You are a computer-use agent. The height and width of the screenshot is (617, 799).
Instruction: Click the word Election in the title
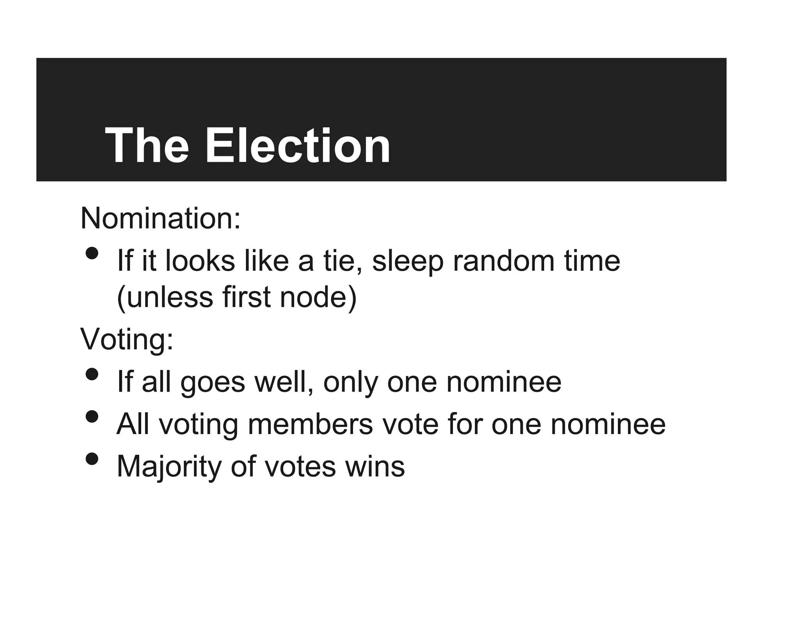pos(297,146)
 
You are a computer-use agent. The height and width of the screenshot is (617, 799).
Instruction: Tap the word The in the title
pos(147,146)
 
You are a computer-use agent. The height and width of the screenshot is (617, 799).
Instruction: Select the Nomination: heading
pos(160,218)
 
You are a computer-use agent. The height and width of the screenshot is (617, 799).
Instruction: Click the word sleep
pos(408,261)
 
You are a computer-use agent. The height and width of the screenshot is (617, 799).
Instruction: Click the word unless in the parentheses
pos(169,297)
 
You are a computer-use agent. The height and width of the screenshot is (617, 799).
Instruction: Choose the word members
pos(310,424)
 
